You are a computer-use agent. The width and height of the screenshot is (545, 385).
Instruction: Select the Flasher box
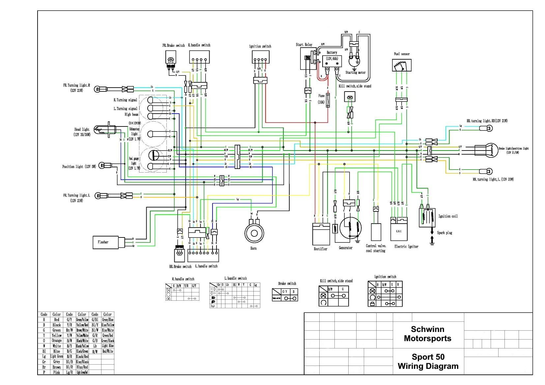pyautogui.click(x=105, y=242)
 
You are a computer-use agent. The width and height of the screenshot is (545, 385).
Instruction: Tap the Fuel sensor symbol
pyautogui.click(x=402, y=65)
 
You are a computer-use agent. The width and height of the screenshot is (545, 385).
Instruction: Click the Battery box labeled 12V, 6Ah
pyautogui.click(x=332, y=61)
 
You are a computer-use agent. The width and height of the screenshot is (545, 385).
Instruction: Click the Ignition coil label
pyautogui.click(x=448, y=216)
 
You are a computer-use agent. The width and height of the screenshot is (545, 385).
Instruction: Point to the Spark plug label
pyautogui.click(x=445, y=233)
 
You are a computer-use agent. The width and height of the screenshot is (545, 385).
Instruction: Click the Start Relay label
pyautogui.click(x=304, y=44)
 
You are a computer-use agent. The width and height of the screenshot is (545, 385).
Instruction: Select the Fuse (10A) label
pyautogui.click(x=321, y=99)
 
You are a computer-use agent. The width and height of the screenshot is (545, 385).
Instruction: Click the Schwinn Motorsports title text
pyautogui.click(x=427, y=334)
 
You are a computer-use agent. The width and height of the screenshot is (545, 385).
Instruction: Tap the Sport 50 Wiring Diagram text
pyautogui.click(x=428, y=361)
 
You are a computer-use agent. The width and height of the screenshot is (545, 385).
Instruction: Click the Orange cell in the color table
pyautogui.click(x=57, y=341)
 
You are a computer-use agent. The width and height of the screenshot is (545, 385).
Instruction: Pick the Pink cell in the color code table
pyautogui.click(x=57, y=372)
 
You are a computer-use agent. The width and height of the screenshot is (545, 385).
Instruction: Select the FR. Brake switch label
pyautogui.click(x=173, y=45)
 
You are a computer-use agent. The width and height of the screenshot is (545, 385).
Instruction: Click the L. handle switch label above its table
pyautogui.click(x=235, y=278)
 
